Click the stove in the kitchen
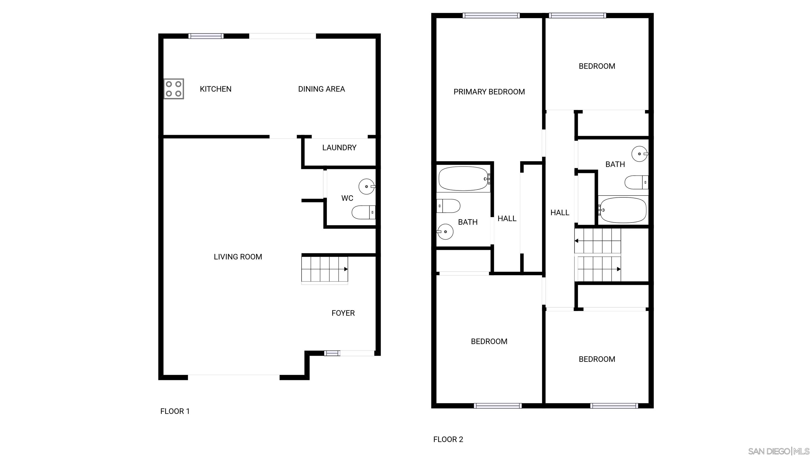pos(174,89)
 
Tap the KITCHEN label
pos(216,89)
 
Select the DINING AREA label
pos(321,89)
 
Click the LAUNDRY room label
pos(339,148)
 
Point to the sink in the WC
pos(367,186)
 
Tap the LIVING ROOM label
pos(238,257)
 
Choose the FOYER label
pos(343,313)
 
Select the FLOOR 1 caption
pos(175,411)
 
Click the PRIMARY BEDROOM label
pos(489,92)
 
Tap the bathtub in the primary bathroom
pos(463,179)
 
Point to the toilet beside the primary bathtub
pos(448,206)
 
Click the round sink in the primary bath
pos(445,232)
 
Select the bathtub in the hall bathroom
pos(622,210)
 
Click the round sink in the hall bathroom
pos(640,154)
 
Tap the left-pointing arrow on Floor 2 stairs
pos(576,241)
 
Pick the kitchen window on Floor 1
pos(206,36)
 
